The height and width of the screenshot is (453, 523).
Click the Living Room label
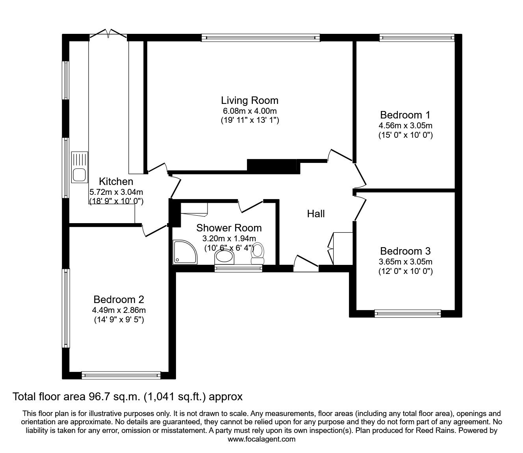click(249, 100)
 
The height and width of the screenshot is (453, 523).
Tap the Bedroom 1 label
click(405, 115)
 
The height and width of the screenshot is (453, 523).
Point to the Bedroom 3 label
click(405, 251)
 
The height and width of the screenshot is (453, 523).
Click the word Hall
click(316, 214)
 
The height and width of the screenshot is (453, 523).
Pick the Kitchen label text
click(116, 181)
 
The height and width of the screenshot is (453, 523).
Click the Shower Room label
click(229, 227)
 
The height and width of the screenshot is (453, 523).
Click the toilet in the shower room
click(258, 254)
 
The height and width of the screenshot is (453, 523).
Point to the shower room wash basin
click(225, 257)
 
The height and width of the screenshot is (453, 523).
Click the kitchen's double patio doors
click(108, 35)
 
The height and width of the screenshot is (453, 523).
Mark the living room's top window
click(260, 38)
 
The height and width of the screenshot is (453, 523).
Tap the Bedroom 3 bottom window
click(408, 314)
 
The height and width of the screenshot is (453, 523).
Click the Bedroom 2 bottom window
click(121, 375)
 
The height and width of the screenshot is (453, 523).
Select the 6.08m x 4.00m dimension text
click(249, 111)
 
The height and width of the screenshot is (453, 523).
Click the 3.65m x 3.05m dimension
click(405, 262)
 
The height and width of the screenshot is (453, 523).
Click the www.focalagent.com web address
click(261, 439)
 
